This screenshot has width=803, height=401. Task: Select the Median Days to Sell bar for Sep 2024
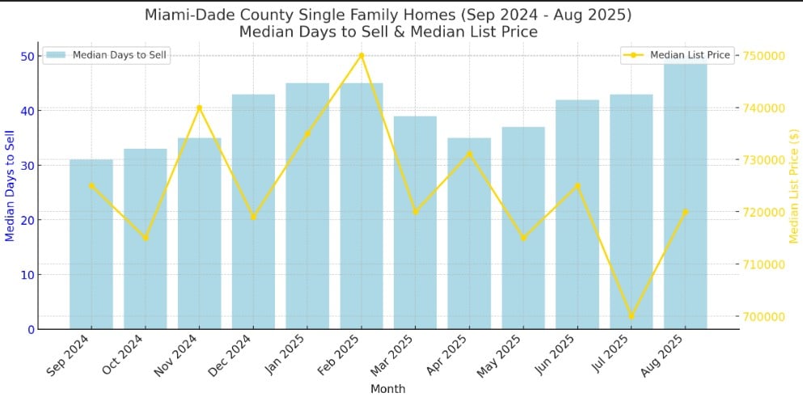[x=91, y=243]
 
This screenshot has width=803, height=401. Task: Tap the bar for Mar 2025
[x=415, y=222]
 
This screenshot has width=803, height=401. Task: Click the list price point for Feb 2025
[x=361, y=56]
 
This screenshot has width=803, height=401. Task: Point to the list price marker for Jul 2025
[x=632, y=316]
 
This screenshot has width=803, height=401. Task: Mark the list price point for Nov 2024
[x=199, y=108]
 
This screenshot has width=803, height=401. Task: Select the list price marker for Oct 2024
[x=145, y=238]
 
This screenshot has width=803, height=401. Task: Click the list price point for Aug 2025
[x=686, y=212]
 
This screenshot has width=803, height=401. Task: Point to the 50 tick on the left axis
[x=27, y=56]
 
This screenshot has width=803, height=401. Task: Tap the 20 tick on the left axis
[x=27, y=220]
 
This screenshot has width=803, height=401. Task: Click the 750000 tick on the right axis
[x=765, y=56]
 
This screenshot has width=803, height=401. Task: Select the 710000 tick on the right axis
[x=765, y=264]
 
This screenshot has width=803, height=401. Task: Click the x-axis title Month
[x=387, y=389]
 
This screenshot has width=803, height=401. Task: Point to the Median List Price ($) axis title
[x=793, y=185]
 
